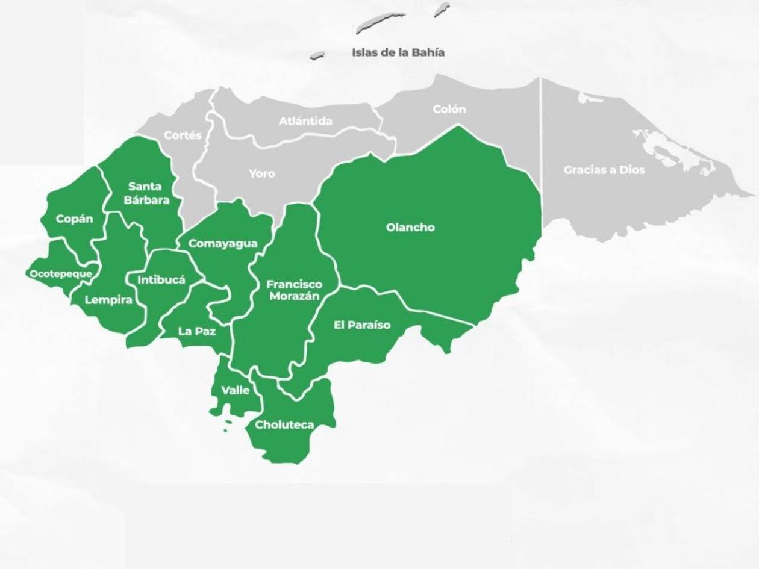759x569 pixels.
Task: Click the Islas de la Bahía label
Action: coord(398,52)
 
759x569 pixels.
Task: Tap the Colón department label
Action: coord(449,110)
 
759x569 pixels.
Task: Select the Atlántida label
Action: coord(305,121)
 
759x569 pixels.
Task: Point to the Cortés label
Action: coord(183,135)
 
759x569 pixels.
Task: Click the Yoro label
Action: coord(262,173)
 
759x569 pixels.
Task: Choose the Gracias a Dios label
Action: coord(604,170)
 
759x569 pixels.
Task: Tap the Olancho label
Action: coord(410,228)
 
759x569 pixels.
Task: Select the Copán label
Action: coord(75,219)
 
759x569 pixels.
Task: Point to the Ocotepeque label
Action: coord(61,274)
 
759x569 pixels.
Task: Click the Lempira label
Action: coord(108,300)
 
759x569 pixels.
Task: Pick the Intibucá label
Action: coord(161,279)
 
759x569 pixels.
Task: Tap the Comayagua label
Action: coord(223,244)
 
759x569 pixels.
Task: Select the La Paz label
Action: coord(196,331)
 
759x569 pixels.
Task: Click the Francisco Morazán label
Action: coord(295,290)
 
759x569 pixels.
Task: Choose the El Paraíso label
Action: coord(362,325)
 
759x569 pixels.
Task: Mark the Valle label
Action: coord(236,390)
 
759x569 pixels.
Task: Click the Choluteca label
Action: coord(285,424)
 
